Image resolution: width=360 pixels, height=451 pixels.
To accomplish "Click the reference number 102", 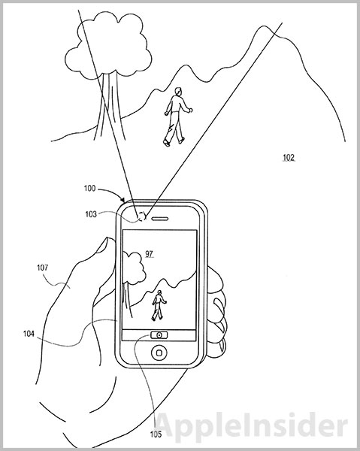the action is click(x=289, y=157).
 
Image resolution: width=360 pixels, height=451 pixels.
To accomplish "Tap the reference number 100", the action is click(x=89, y=189).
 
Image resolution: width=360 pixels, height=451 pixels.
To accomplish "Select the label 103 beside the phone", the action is click(x=91, y=214).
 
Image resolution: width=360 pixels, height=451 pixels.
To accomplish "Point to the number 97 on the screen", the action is click(x=149, y=254).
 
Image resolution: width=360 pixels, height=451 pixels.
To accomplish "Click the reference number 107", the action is click(x=42, y=268).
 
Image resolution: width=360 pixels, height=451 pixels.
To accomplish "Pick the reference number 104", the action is click(x=29, y=334).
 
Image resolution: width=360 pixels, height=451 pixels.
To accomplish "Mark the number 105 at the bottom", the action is click(x=156, y=434).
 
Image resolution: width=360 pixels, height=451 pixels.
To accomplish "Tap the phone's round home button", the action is click(x=159, y=352).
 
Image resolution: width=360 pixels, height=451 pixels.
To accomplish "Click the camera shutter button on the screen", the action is click(x=159, y=334).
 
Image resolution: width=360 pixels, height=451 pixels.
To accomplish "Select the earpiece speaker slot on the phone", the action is click(x=160, y=219).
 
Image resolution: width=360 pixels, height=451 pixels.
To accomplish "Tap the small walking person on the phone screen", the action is click(x=159, y=305).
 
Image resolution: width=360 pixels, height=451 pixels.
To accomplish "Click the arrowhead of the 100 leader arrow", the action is click(x=123, y=200).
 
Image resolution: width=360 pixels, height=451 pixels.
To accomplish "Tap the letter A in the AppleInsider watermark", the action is click(x=168, y=427).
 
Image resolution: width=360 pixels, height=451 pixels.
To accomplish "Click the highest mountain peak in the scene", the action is click(x=263, y=26).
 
